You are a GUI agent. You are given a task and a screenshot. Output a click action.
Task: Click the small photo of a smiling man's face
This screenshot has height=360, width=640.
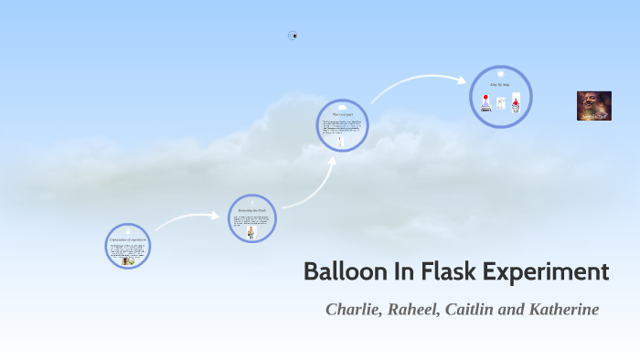pyautogui.click(x=593, y=106)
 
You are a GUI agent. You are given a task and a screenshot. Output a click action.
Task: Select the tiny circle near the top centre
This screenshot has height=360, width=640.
pyautogui.click(x=293, y=36)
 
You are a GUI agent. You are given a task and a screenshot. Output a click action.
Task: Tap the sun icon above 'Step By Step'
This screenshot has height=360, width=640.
pyautogui.click(x=501, y=73)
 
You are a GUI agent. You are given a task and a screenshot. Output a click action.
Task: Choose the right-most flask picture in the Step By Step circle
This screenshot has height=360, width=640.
pyautogui.click(x=516, y=104)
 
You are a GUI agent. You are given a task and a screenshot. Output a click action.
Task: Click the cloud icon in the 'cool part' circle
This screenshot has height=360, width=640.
pyautogui.click(x=342, y=106)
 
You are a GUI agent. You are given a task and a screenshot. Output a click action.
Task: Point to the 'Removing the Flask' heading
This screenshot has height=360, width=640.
pyautogui.click(x=251, y=210)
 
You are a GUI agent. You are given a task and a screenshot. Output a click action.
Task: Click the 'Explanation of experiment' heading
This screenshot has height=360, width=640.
pyautogui.click(x=127, y=239)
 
